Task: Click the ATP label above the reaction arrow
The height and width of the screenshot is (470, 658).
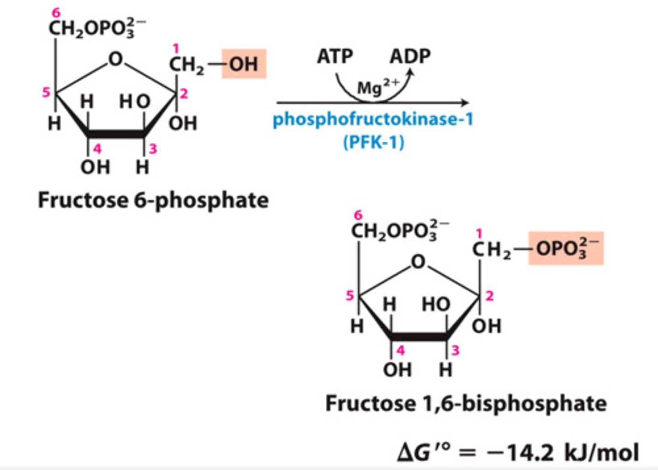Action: tap(335, 57)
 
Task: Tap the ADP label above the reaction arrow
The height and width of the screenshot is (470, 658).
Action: tap(410, 56)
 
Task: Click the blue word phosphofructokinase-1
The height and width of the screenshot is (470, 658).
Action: tap(373, 120)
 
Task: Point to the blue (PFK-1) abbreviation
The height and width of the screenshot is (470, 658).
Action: tap(373, 142)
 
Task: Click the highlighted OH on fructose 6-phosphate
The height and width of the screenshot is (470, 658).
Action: tap(244, 64)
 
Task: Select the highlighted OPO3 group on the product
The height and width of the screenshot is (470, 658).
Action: tap(566, 248)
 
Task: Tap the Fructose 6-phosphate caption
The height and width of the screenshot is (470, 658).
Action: tap(153, 200)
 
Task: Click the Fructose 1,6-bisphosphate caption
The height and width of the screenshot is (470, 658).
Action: tap(466, 404)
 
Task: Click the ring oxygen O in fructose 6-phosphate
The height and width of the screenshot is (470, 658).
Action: tap(116, 59)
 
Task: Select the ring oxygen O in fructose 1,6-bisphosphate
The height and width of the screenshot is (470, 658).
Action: tap(418, 262)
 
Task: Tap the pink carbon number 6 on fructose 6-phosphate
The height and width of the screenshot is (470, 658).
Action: tap(56, 13)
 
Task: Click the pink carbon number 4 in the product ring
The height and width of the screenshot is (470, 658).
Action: tap(400, 351)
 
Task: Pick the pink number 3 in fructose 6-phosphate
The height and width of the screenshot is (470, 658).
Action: tap(153, 149)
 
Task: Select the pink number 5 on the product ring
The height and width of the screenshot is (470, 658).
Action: tap(350, 295)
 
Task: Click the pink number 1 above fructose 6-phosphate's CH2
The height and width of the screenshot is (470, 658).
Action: tap(176, 48)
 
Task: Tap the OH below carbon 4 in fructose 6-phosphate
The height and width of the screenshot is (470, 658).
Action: tap(95, 167)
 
